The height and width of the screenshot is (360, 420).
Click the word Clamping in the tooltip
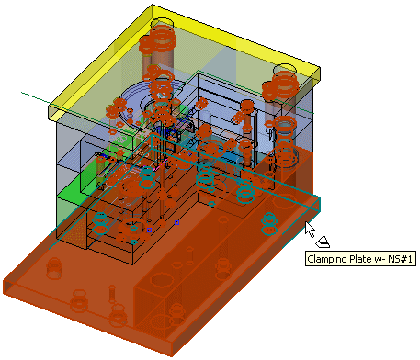326,260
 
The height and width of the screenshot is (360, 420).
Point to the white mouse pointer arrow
310,229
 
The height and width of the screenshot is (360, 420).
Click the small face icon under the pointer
323,242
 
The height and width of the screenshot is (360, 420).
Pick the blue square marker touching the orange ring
149,230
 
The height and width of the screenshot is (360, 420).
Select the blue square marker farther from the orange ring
176,222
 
